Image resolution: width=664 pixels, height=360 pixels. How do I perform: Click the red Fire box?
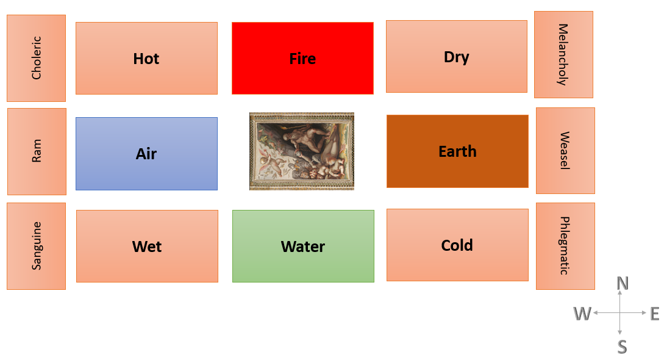(x=303, y=58)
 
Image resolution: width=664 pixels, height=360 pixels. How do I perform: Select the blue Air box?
(x=146, y=154)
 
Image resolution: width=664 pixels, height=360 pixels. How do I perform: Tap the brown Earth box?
(x=457, y=151)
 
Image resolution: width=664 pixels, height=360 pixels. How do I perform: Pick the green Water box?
(x=303, y=246)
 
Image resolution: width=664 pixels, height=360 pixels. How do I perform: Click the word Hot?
(x=146, y=59)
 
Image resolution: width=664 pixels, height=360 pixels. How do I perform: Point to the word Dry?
(x=457, y=57)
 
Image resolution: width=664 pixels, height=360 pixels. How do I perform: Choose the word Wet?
(x=147, y=247)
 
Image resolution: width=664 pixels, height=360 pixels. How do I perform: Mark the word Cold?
(x=457, y=245)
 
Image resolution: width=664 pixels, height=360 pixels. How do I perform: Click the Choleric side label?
(x=37, y=58)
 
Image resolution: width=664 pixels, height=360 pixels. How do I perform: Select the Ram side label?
(x=37, y=151)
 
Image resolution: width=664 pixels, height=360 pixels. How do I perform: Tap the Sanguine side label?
(x=37, y=246)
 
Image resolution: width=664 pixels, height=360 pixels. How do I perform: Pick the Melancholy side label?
(x=563, y=55)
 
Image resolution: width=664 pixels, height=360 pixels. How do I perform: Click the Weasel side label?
(x=565, y=151)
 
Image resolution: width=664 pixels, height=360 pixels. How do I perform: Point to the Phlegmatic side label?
(x=565, y=246)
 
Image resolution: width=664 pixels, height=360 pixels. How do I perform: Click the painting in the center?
(x=301, y=151)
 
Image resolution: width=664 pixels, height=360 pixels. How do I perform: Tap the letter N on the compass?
(x=623, y=283)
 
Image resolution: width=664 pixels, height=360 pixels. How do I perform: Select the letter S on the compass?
(x=622, y=347)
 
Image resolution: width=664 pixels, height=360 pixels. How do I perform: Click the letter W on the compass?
(x=582, y=314)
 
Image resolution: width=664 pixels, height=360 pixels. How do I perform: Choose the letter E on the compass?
(x=655, y=314)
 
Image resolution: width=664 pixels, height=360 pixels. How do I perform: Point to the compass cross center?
(x=620, y=313)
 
